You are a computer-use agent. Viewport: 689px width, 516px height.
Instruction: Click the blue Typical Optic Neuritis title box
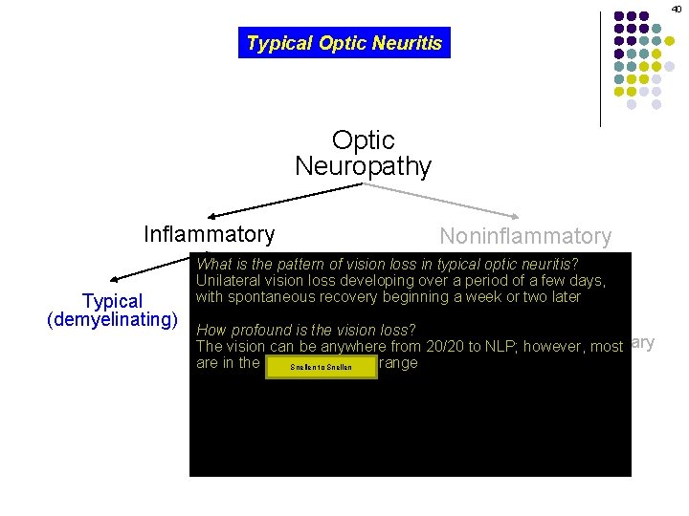344,43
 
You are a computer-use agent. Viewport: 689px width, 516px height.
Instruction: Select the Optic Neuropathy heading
363,153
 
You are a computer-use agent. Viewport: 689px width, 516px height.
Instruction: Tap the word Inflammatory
209,234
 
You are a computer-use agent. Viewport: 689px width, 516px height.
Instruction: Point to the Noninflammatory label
524,236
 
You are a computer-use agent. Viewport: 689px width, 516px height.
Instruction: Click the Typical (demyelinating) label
113,311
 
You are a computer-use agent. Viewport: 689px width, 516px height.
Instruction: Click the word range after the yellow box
399,363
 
